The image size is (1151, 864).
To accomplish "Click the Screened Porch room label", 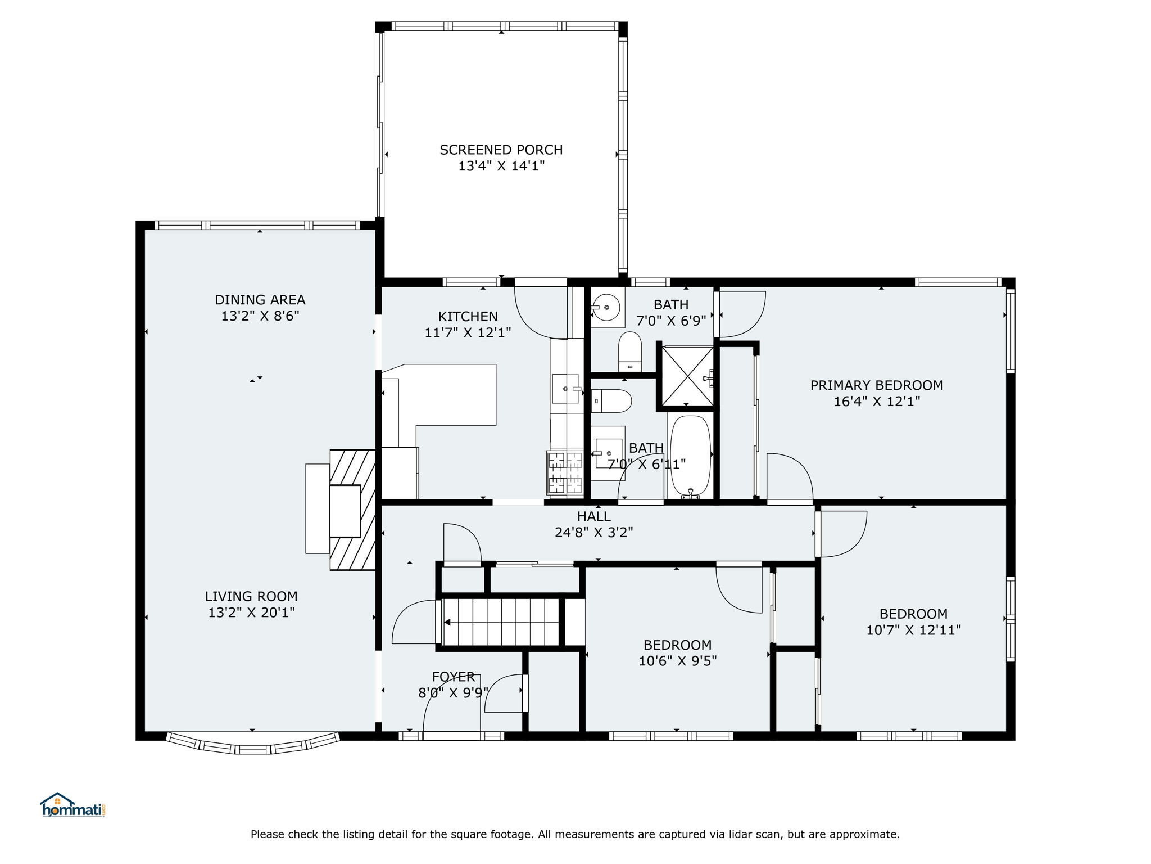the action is [501, 150].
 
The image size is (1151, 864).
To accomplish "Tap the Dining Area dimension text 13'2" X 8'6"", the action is [260, 316].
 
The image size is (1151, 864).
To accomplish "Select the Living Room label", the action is [251, 596].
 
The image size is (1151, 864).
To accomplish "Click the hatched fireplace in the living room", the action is [352, 510].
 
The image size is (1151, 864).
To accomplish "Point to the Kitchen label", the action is [468, 317].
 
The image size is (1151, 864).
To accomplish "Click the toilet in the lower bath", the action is [611, 401].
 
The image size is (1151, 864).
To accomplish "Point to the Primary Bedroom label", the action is [877, 385].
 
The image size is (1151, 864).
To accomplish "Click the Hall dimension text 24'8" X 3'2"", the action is [594, 532].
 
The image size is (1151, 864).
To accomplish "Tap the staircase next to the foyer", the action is [501, 622].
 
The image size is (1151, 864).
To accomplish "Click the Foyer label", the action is [454, 677].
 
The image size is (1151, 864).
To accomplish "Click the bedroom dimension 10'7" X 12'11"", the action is [913, 630].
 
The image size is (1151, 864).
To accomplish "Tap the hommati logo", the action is [72, 805].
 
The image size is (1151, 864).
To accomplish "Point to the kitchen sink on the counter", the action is [565, 389].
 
